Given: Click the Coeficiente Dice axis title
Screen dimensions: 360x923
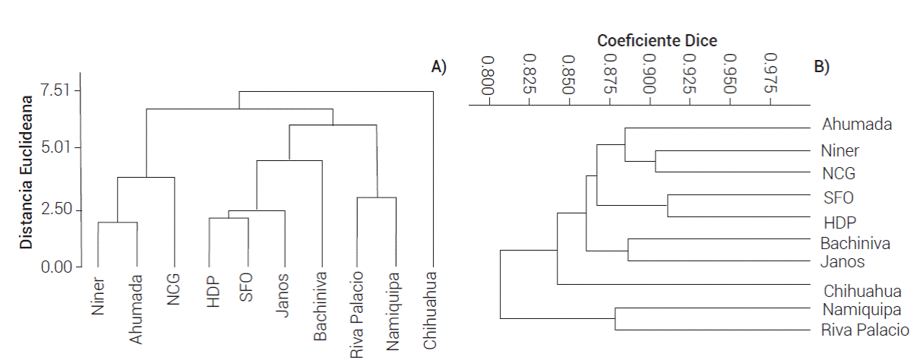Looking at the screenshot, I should tap(657, 41).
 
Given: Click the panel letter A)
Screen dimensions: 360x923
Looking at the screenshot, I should tap(439, 67).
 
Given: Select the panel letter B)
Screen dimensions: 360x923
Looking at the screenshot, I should tap(822, 67).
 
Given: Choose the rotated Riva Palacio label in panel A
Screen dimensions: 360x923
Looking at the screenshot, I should tap(357, 313).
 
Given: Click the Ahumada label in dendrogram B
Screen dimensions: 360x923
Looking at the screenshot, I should tap(856, 125).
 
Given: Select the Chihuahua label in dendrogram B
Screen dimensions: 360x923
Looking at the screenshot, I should tap(862, 291).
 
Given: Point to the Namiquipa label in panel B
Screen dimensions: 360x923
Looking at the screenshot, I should tap(861, 310).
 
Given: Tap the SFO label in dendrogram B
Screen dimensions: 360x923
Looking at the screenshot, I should tap(839, 197).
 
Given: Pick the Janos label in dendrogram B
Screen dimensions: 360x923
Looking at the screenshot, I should tap(842, 262).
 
